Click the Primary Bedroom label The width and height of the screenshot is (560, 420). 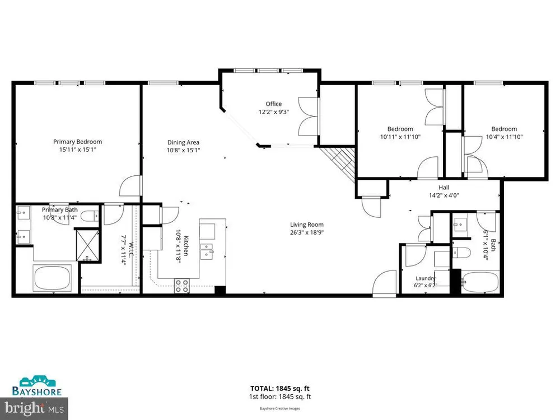point(77,142)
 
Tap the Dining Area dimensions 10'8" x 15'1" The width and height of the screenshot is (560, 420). point(183,150)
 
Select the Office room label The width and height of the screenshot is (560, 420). point(274,104)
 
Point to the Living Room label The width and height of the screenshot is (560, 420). point(307,225)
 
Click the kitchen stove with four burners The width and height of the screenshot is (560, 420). point(182,286)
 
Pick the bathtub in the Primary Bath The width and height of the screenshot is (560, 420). point(52,278)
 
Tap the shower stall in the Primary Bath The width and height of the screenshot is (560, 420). point(87,245)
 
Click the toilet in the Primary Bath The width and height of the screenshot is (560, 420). point(89,216)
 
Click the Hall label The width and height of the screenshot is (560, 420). point(444,188)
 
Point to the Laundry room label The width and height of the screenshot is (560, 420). point(426,278)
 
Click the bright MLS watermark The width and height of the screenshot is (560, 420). point(34,408)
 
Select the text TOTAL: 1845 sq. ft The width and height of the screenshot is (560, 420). point(279,389)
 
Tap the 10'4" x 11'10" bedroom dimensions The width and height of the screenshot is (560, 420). point(505,137)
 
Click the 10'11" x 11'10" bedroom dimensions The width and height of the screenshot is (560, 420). point(400,137)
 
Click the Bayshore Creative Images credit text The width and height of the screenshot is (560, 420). point(279,408)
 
